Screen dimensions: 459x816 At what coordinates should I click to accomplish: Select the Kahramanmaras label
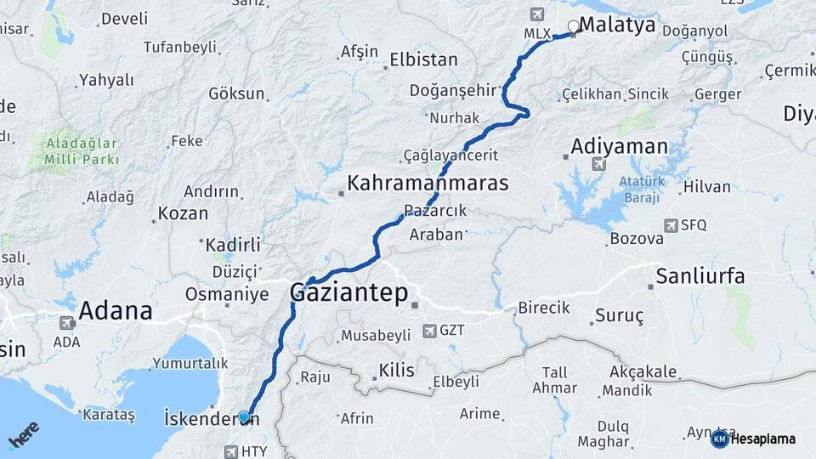click(428, 183)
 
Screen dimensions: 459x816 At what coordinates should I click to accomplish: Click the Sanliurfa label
click(700, 276)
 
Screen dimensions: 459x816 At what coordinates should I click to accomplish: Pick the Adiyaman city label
click(619, 146)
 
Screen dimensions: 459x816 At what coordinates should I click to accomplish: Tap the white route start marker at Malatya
click(573, 26)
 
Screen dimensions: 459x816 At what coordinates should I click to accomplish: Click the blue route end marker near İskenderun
click(244, 416)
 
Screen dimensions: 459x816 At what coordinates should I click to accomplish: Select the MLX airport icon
click(536, 14)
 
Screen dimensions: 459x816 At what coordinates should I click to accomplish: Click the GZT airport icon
click(428, 330)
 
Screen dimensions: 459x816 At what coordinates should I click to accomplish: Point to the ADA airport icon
click(66, 323)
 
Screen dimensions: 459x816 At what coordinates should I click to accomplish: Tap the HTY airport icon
click(230, 451)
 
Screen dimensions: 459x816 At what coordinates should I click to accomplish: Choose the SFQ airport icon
click(670, 225)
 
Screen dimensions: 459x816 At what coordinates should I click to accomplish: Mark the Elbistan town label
click(423, 60)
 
